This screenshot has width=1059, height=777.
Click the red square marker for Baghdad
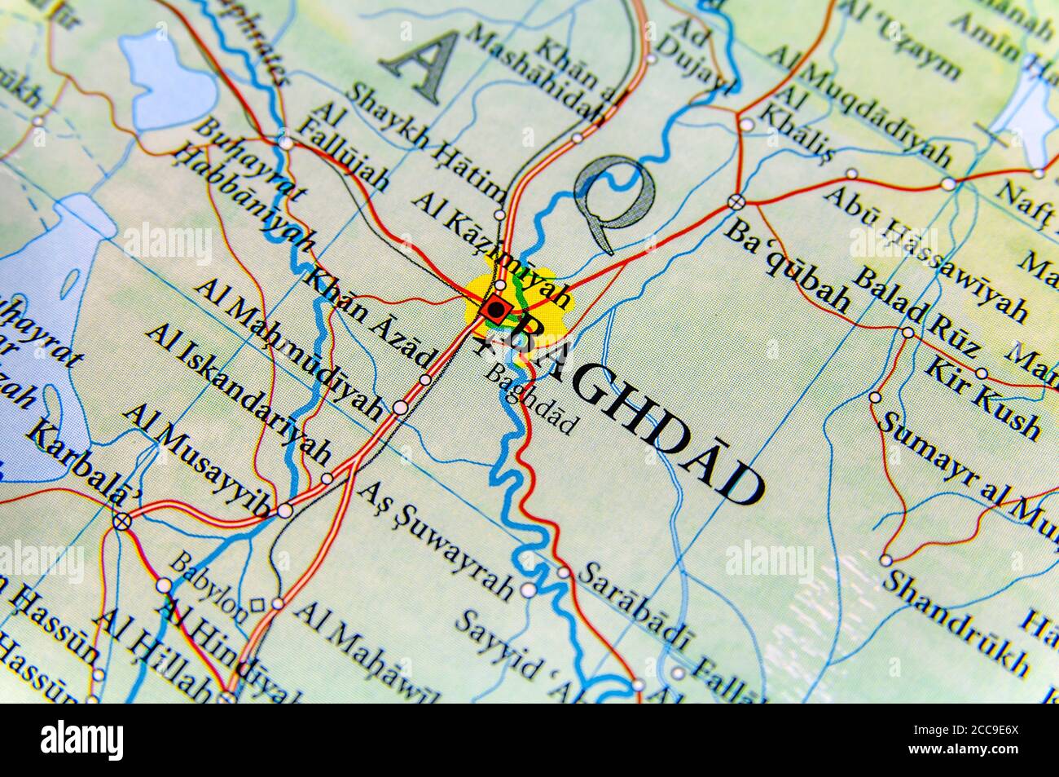(x=494, y=310)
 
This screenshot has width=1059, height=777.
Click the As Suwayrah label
(x=437, y=539)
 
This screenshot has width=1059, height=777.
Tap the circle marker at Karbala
(x=121, y=521)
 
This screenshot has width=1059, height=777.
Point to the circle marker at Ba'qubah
(x=736, y=201)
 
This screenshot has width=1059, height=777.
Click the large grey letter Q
(x=615, y=201)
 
